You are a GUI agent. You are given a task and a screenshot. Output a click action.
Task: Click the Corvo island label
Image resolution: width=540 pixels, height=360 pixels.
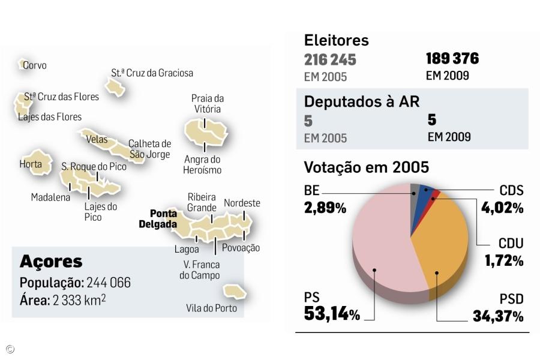click(34, 65)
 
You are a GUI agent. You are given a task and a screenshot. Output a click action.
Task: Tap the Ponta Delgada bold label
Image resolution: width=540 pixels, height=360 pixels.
click(158, 219)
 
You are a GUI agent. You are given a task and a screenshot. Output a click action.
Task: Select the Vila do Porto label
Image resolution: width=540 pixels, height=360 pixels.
click(211, 308)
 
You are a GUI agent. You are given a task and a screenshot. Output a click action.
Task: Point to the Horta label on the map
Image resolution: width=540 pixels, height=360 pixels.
click(31, 164)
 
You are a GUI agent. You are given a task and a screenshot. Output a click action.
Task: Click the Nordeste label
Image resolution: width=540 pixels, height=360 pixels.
click(242, 203)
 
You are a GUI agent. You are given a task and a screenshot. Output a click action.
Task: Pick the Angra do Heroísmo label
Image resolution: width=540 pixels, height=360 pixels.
click(203, 164)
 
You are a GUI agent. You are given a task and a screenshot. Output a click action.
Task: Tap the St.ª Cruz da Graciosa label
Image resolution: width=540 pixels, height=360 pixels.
click(152, 73)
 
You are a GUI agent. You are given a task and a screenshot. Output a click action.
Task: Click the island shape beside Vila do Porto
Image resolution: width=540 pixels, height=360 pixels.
click(234, 292)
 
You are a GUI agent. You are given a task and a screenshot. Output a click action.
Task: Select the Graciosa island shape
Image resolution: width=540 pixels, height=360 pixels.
click(115, 86)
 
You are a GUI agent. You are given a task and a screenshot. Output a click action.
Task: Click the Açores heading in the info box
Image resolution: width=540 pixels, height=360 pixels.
click(51, 262)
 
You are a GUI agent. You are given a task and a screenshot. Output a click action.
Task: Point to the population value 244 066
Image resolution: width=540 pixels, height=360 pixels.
click(109, 283)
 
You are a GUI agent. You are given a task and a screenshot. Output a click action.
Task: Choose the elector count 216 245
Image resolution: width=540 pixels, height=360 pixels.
click(330, 60)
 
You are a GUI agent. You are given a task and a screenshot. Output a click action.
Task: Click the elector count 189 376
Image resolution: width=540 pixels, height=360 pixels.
click(452, 59)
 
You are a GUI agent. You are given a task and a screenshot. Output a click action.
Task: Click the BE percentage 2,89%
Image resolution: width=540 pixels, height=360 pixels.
click(325, 208)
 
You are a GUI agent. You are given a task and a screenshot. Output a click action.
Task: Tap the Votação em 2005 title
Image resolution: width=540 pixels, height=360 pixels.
click(366, 167)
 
